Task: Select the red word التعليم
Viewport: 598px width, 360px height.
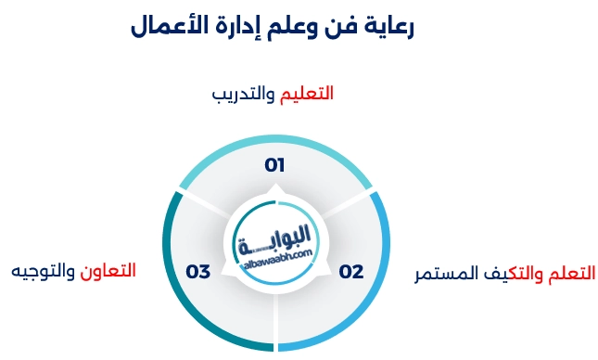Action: (306, 94)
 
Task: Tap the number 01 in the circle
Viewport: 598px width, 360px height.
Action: (274, 165)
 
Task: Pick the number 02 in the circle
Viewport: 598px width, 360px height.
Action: (350, 272)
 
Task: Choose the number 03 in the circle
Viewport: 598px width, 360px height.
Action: (198, 272)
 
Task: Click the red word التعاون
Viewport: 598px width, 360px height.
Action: (109, 271)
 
